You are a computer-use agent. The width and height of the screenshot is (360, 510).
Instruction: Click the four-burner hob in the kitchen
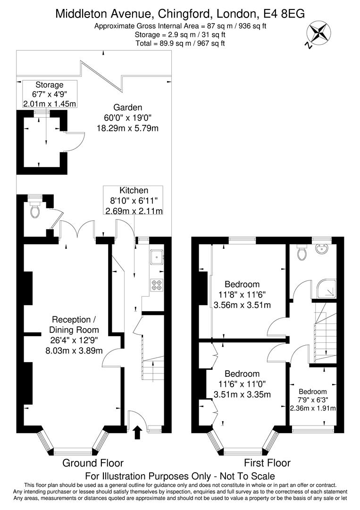click(156, 285)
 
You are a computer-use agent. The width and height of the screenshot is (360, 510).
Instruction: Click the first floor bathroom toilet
click(302, 253)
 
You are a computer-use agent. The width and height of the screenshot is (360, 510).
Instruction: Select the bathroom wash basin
click(325, 249)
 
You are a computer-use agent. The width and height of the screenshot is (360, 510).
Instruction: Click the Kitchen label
click(134, 190)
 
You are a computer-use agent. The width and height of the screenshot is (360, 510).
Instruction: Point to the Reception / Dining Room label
click(75, 324)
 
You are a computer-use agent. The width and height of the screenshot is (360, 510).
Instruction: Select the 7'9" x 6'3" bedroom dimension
click(312, 400)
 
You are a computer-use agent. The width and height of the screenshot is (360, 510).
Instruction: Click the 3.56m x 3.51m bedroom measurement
click(242, 305)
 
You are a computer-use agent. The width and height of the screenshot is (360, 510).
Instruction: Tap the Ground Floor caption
click(93, 463)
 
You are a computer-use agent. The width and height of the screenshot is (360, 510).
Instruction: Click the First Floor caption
click(267, 463)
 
